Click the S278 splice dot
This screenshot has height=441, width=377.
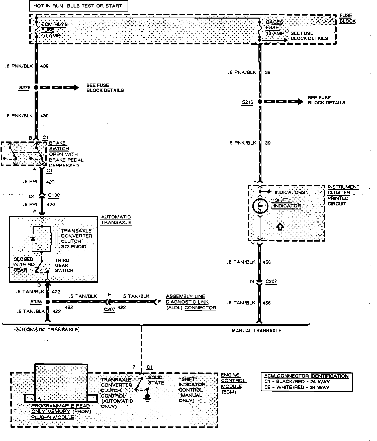[36, 88]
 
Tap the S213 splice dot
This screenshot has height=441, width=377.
[260, 102]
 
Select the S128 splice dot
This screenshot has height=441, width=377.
[47, 302]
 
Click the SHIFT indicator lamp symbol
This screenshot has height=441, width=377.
[260, 206]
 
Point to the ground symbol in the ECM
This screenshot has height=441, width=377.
[147, 397]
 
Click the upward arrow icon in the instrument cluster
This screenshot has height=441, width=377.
[280, 227]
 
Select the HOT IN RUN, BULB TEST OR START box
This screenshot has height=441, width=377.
[78, 6]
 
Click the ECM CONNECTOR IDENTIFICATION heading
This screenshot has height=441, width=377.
[306, 376]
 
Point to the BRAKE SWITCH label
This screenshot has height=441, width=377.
[59, 146]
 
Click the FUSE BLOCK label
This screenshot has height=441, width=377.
[347, 18]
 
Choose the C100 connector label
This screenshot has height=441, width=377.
[54, 195]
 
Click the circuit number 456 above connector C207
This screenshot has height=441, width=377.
[267, 262]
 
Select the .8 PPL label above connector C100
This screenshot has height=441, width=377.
[31, 182]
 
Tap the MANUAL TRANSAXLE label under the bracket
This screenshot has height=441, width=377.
[256, 331]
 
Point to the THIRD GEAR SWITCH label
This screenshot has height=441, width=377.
[64, 265]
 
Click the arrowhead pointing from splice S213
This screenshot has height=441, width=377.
[300, 102]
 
